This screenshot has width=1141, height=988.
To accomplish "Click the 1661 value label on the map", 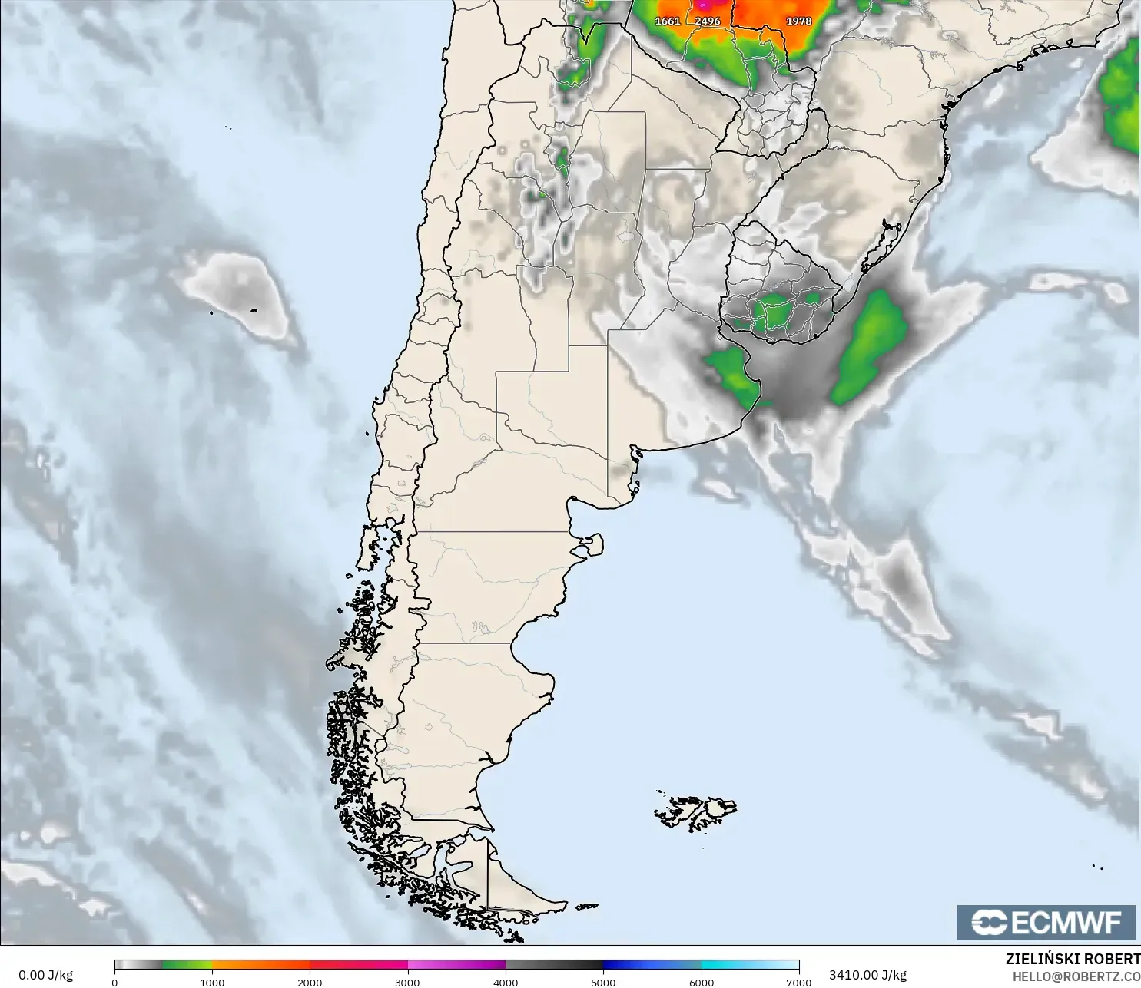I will pos(667,21).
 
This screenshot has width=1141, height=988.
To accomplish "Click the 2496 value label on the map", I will pos(707,21).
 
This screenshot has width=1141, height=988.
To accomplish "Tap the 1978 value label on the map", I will pos(798,21).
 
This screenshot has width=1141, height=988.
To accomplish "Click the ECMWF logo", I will pos(1046,922).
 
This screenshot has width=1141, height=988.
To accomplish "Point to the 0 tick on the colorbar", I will pos(114,982).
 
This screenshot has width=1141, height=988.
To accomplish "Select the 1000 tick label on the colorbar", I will pos(212,982).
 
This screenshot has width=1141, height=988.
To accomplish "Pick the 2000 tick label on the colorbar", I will pos(310,982).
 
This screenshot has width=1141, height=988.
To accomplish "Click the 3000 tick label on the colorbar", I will pos(407,982).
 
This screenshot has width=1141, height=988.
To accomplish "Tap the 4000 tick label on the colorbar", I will pos(506,982).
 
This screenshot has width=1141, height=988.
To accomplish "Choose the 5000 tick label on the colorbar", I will pos(603,982).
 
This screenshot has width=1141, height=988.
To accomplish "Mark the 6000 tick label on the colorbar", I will pos(701,982).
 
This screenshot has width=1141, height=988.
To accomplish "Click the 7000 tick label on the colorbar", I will pos(798,982).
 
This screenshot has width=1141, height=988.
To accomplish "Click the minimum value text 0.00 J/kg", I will pos(45,975).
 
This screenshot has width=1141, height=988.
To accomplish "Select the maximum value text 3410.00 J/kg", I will pos(867,975).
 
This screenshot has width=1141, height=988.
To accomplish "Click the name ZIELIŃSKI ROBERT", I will pos(1073,959).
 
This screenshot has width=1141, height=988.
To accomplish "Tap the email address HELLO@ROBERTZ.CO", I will pos(1076,976).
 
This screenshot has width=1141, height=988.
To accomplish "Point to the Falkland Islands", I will pos(696,812).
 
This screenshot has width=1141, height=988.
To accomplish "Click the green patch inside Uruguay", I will pos(776,312).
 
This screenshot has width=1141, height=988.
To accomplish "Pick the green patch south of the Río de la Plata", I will pos(734,374).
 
